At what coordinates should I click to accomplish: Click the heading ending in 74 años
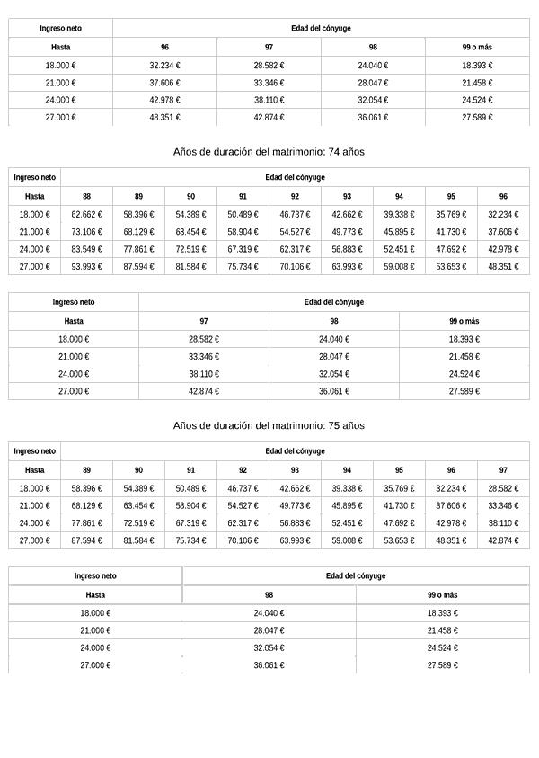(269, 152)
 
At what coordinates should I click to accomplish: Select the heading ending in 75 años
(269, 425)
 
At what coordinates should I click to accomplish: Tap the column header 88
(86, 196)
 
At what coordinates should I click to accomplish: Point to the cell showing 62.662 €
(86, 215)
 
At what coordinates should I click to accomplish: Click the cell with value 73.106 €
(86, 232)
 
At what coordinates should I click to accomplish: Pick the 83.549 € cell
(86, 249)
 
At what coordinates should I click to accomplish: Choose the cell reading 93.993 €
(86, 267)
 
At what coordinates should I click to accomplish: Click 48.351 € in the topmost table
(164, 118)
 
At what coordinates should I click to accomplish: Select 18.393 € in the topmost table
(477, 66)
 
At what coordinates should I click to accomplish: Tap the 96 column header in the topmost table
(164, 47)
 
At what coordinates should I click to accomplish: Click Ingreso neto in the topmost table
(61, 29)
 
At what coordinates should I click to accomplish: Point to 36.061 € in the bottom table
(269, 665)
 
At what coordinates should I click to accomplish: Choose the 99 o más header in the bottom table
(442, 595)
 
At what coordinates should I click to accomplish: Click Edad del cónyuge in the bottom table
(356, 576)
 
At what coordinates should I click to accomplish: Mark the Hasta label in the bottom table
(95, 595)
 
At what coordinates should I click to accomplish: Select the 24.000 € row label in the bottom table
(95, 648)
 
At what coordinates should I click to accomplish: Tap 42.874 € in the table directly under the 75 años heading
(503, 540)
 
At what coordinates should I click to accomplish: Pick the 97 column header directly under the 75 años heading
(503, 469)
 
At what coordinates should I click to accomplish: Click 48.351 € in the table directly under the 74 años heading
(503, 267)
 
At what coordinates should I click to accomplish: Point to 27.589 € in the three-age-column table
(464, 391)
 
